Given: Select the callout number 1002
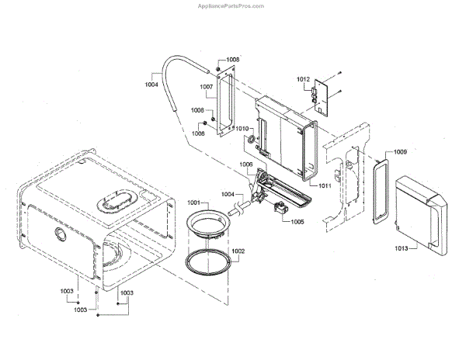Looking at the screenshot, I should click(x=238, y=251).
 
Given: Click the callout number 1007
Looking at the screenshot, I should click(x=207, y=87).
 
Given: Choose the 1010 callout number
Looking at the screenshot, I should click(x=242, y=130).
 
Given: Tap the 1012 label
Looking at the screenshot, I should click(x=304, y=80).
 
